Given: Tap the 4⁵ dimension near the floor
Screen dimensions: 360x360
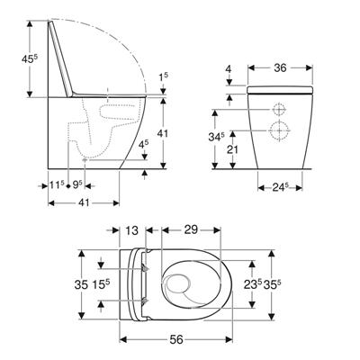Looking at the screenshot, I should click(144, 143).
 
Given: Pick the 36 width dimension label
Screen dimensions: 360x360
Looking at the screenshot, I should click(279, 67).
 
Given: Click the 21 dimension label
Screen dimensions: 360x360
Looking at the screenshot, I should click(232, 148).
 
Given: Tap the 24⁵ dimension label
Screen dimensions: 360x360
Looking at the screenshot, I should click(281, 187).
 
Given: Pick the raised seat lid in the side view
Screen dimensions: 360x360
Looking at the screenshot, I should click(60, 58).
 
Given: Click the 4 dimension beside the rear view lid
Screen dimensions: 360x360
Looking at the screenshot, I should click(230, 69).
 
